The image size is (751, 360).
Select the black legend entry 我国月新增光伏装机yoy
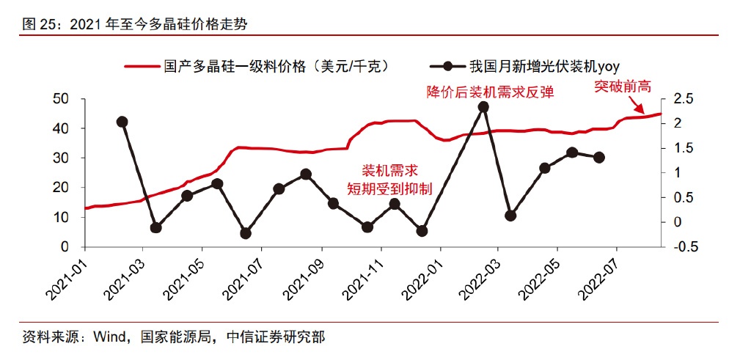point(543,66)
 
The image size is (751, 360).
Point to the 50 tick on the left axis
point(62,99)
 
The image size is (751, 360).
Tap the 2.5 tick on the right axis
point(684,99)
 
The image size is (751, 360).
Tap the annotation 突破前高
point(623,87)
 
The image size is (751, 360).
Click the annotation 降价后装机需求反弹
point(490,92)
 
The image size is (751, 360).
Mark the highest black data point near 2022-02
point(483,107)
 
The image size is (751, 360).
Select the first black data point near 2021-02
point(122,122)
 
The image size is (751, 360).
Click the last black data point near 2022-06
point(599,157)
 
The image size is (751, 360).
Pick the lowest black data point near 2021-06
point(246,233)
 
